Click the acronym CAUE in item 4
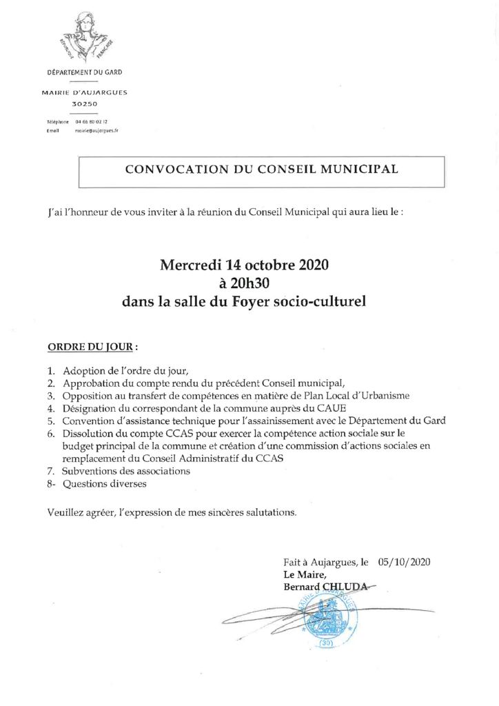point(330,408)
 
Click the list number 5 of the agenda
point(51,421)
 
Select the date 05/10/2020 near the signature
point(405,562)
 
